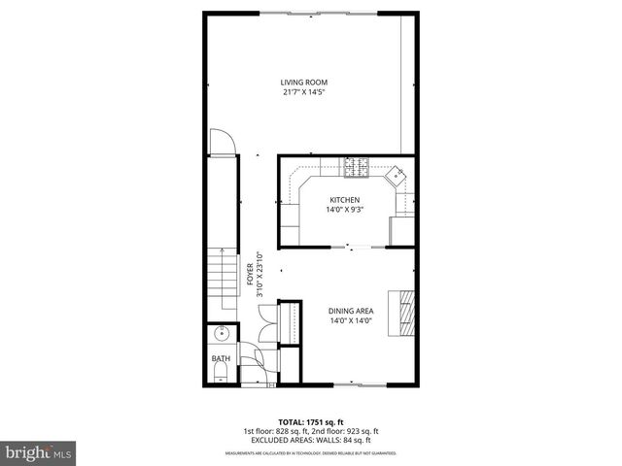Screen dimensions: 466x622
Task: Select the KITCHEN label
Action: pos(345,199)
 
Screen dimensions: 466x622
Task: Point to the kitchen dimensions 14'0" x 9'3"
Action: pos(345,210)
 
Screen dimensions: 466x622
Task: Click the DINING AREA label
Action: pos(351,311)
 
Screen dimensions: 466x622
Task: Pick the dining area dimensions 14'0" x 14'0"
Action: pos(351,321)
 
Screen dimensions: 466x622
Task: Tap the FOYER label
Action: pos(250,272)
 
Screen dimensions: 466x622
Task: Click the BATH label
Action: pos(222,359)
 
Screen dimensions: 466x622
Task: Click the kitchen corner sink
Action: pos(397,176)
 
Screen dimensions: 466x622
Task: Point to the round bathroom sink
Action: pos(223,334)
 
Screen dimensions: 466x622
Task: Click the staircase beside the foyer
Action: pos(223,275)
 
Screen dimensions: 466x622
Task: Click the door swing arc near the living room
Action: pos(223,141)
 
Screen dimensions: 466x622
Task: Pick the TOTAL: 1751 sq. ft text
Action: pos(311,422)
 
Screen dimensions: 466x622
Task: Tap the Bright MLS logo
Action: pos(39,451)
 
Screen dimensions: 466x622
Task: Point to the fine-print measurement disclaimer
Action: pos(311,452)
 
